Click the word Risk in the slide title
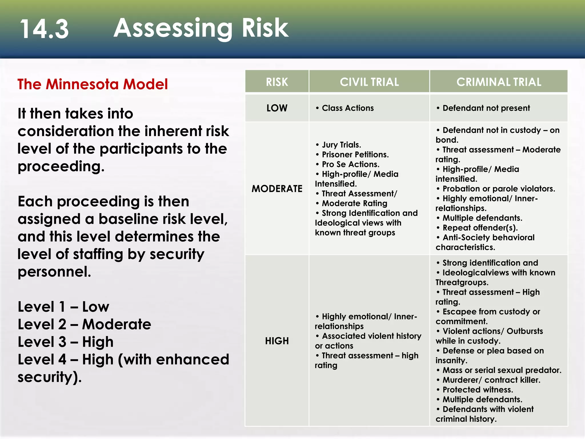click(x=265, y=28)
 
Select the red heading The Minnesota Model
click(x=93, y=84)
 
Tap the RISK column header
click(x=277, y=82)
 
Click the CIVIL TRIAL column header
click(x=369, y=82)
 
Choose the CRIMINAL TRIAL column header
click(x=499, y=82)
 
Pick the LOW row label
click(x=277, y=108)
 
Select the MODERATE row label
click(x=277, y=189)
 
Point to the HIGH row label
click(x=277, y=341)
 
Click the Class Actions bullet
click(x=348, y=108)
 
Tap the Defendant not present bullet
click(x=486, y=108)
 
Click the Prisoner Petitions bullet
click(x=355, y=155)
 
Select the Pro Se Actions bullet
click(x=350, y=164)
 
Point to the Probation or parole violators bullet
click(x=498, y=189)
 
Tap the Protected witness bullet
click(x=478, y=390)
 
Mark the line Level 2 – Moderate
click(x=84, y=324)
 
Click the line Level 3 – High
click(x=66, y=342)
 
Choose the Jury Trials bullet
click(x=341, y=145)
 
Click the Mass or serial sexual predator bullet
click(x=502, y=370)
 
